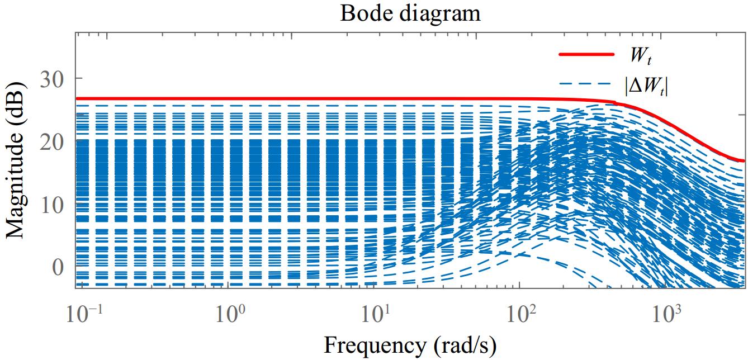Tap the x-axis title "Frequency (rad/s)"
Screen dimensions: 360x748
pyautogui.click(x=410, y=346)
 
